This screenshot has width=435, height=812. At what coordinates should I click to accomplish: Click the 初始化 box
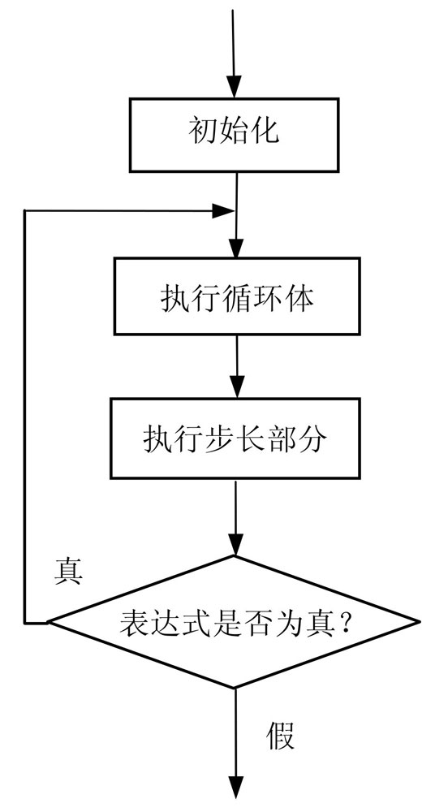click(234, 135)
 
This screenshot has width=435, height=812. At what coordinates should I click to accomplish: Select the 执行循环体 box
click(237, 296)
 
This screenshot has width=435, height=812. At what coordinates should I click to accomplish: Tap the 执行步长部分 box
click(235, 438)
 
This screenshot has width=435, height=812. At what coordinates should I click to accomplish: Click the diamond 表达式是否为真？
click(233, 622)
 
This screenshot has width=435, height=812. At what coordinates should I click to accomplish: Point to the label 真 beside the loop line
click(69, 572)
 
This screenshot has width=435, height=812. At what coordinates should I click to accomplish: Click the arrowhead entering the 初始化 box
click(234, 87)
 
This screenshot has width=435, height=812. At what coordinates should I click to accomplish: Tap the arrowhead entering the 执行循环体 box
click(236, 247)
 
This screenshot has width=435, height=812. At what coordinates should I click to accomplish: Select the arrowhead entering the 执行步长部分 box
click(237, 387)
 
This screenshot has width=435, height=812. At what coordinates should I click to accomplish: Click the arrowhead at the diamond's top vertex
click(235, 545)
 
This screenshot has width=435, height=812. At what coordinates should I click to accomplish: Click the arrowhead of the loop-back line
click(224, 211)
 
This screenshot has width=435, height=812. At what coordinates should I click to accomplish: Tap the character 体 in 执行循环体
click(299, 298)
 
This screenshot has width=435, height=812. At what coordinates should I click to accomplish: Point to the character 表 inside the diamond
click(134, 621)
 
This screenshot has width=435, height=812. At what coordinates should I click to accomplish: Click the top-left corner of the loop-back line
click(24, 211)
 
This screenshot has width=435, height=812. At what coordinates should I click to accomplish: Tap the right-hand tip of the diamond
click(418, 621)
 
